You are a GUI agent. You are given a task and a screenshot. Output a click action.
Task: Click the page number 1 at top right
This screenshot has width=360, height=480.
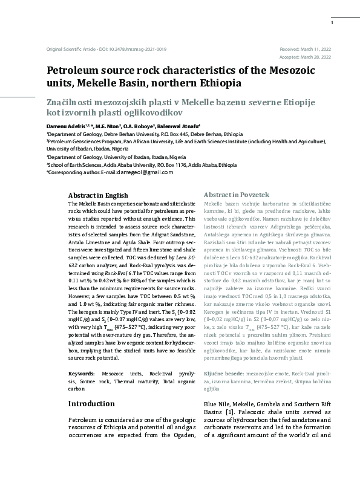point(332,22)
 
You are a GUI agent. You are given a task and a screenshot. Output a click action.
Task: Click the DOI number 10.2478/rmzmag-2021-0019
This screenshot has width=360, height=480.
point(137,49)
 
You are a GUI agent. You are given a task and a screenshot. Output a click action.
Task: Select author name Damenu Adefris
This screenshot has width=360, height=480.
point(67,126)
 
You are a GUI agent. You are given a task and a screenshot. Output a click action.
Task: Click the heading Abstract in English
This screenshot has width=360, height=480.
point(98,195)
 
